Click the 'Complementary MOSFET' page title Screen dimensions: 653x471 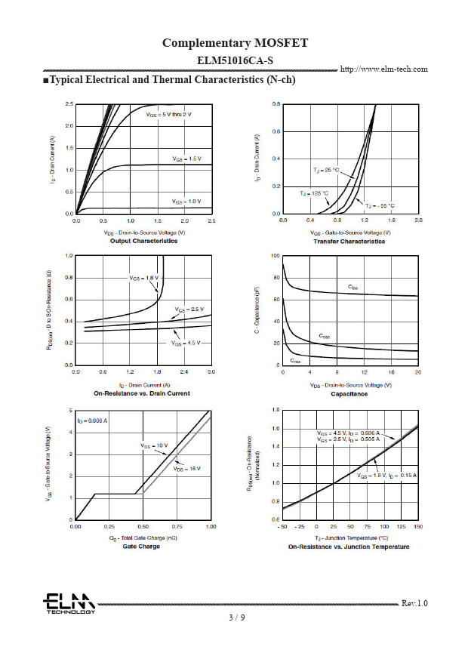tap(235, 43)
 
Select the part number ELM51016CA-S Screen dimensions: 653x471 tap(235, 60)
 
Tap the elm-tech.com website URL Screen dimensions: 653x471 tap(384, 69)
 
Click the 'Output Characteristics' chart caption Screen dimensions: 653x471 tap(144, 241)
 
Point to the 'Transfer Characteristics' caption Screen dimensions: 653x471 tap(349, 242)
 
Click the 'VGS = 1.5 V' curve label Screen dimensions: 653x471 tap(186, 159)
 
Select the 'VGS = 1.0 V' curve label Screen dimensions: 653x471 tap(186, 202)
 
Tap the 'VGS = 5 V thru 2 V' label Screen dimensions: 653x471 tap(169, 115)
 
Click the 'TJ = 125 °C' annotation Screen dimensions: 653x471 tap(315, 194)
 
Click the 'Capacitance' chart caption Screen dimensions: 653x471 tap(349, 394)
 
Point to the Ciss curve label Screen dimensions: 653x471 tap(353, 287)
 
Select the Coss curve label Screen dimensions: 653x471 tap(324, 336)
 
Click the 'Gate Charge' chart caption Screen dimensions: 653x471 tap(141, 547)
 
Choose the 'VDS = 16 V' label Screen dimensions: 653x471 tap(186, 469)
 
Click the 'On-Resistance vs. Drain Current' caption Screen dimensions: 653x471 tap(142, 393)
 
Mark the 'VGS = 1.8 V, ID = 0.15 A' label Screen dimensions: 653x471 tap(386, 476)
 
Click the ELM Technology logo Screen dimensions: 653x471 tap(69, 604)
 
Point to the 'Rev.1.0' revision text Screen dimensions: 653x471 tap(414, 603)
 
